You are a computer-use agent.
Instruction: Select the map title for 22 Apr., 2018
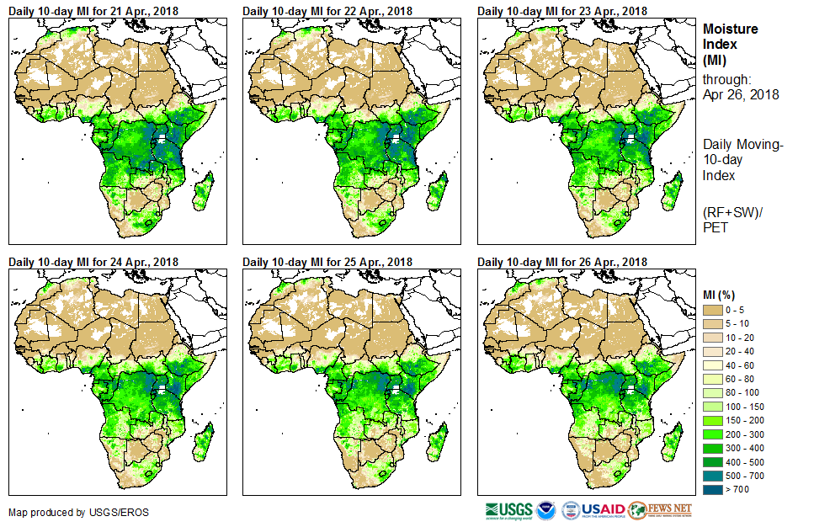click(327, 11)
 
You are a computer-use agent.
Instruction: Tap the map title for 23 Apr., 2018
click(562, 11)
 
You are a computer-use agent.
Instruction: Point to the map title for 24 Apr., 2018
click(93, 262)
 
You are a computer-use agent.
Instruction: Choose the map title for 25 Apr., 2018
click(327, 262)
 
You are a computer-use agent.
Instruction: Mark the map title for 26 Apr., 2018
click(562, 262)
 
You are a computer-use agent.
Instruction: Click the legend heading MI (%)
click(722, 294)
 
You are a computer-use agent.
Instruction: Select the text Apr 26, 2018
click(740, 94)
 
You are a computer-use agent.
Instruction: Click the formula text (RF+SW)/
click(732, 212)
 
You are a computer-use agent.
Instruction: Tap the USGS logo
click(508, 510)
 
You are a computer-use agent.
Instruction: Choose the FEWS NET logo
click(661, 510)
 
